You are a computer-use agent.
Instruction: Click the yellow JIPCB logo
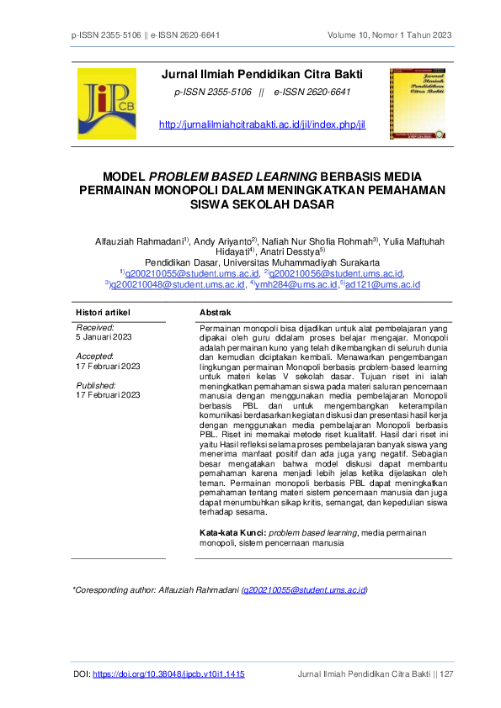[106, 103]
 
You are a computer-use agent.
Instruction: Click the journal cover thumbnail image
[420, 103]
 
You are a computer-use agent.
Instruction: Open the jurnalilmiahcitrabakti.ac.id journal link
[262, 124]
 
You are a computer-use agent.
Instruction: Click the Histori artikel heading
[103, 312]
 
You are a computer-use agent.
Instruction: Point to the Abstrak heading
[215, 312]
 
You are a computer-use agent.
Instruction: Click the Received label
[94, 327]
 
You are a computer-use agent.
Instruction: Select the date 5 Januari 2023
[104, 336]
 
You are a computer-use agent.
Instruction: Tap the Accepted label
[96, 357]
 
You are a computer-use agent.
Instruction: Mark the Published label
[97, 385]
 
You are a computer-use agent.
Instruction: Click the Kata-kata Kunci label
[232, 533]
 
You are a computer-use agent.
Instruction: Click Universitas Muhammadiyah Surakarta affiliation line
[262, 262]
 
